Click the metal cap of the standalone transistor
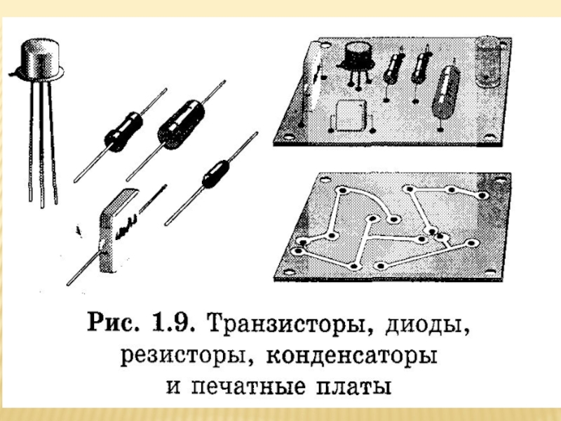click(x=40, y=60)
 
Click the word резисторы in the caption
click(x=183, y=356)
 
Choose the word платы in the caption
click(x=353, y=387)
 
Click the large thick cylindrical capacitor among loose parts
click(x=181, y=125)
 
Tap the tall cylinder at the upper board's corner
click(x=487, y=61)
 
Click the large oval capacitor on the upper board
click(x=445, y=93)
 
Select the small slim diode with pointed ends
click(x=212, y=178)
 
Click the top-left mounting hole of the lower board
click(x=325, y=180)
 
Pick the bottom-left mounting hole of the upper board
click(x=288, y=136)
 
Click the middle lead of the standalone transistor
click(x=42, y=143)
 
